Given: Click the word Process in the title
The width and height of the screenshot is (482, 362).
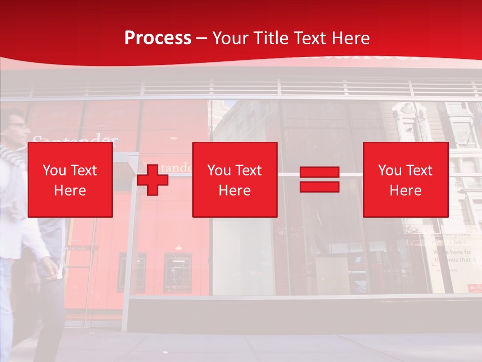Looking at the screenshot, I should pyautogui.click(x=158, y=38).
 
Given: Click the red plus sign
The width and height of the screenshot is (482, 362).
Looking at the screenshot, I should pyautogui.click(x=153, y=180).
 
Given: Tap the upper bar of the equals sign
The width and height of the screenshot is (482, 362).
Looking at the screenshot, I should pyautogui.click(x=319, y=172).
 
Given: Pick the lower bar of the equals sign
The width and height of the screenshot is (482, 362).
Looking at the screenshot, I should pyautogui.click(x=319, y=187).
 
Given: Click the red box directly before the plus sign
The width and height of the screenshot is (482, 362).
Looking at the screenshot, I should pyautogui.click(x=70, y=179).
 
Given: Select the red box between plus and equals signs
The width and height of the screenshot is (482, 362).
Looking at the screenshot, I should pyautogui.click(x=234, y=179).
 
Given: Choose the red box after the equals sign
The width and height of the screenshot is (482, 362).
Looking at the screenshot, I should pyautogui.click(x=405, y=179).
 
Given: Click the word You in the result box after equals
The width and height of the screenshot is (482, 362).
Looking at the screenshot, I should pyautogui.click(x=390, y=170).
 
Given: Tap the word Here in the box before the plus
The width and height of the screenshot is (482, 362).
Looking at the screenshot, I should pyautogui.click(x=70, y=191).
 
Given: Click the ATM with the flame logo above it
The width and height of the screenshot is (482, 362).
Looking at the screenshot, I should pyautogui.click(x=177, y=271).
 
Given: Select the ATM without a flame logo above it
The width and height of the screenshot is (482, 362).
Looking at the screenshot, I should pyautogui.click(x=132, y=271).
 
